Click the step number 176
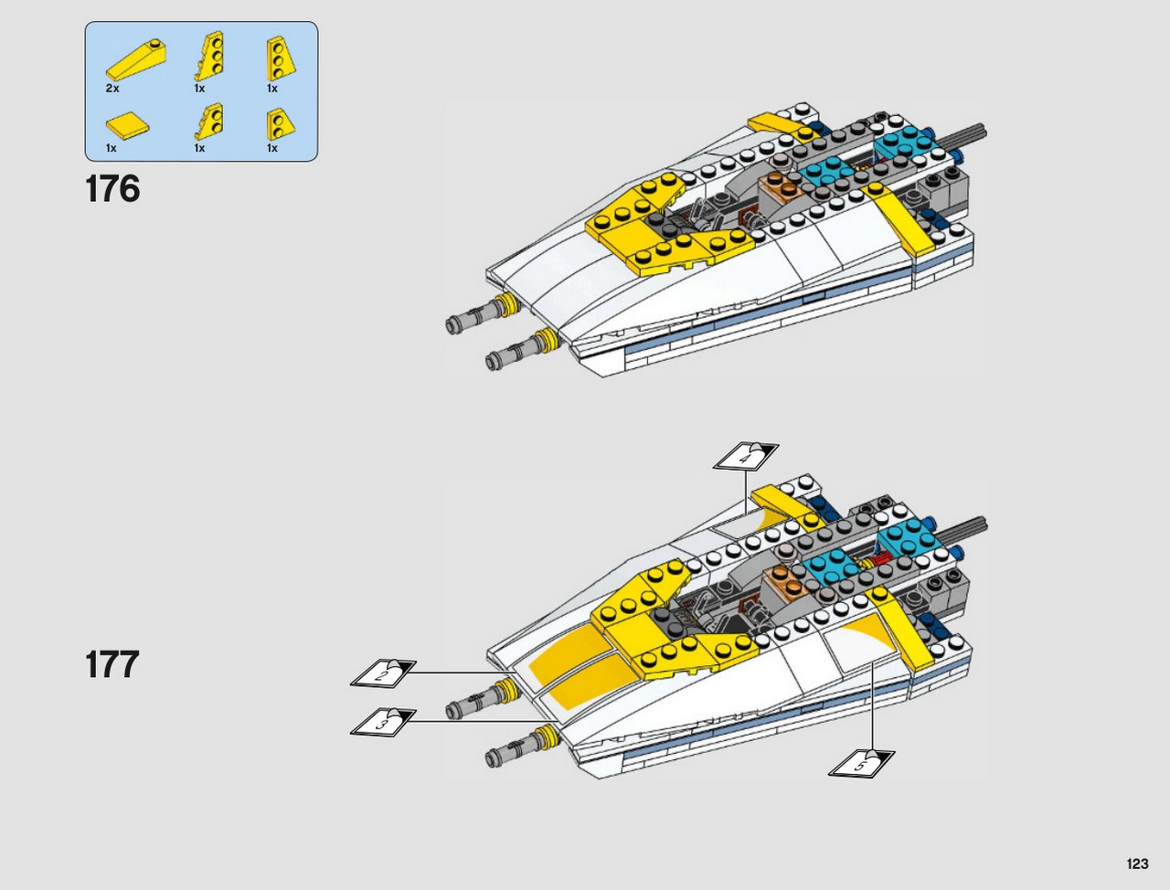coord(112,188)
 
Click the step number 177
coord(112,664)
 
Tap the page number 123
coord(1137,864)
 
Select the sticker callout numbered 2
coord(383,673)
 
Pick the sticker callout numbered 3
coord(383,722)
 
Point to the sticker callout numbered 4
coord(746,457)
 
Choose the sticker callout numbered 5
coord(861,762)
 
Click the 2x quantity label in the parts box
coord(112,89)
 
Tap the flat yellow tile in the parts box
coord(127,125)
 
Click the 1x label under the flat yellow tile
coord(111,148)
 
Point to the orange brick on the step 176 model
coord(780,189)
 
